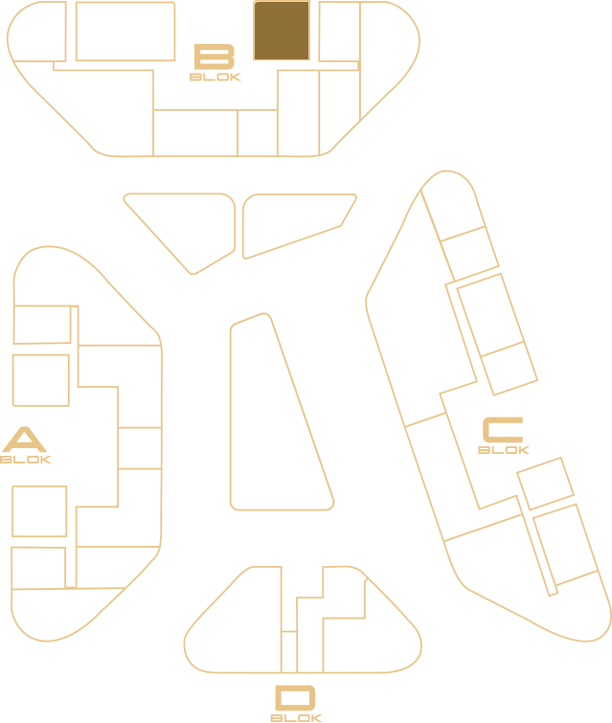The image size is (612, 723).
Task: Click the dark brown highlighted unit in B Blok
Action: pyautogui.click(x=282, y=31)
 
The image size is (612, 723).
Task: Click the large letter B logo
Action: pyautogui.click(x=215, y=56)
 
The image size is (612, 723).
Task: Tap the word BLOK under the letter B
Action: pyautogui.click(x=215, y=77)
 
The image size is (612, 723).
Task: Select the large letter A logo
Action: pyautogui.click(x=25, y=440)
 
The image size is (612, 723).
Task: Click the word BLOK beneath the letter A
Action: pyautogui.click(x=25, y=460)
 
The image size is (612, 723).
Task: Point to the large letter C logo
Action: pyautogui.click(x=503, y=430)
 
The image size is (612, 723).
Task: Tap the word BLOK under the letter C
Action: pyautogui.click(x=504, y=449)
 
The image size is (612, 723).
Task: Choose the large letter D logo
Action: pyautogui.click(x=295, y=698)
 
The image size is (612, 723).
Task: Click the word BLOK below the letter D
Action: pyautogui.click(x=296, y=718)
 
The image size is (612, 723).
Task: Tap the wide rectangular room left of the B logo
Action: pyautogui.click(x=125, y=32)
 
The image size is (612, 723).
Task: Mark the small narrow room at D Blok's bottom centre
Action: pyautogui.click(x=289, y=652)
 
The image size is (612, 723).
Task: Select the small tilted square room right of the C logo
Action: pyautogui.click(x=545, y=484)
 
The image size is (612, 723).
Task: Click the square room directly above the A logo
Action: pyautogui.click(x=41, y=380)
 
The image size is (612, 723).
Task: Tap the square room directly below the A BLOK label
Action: pyautogui.click(x=39, y=511)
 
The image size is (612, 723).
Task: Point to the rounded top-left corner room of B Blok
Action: pyautogui.click(x=37, y=32)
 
